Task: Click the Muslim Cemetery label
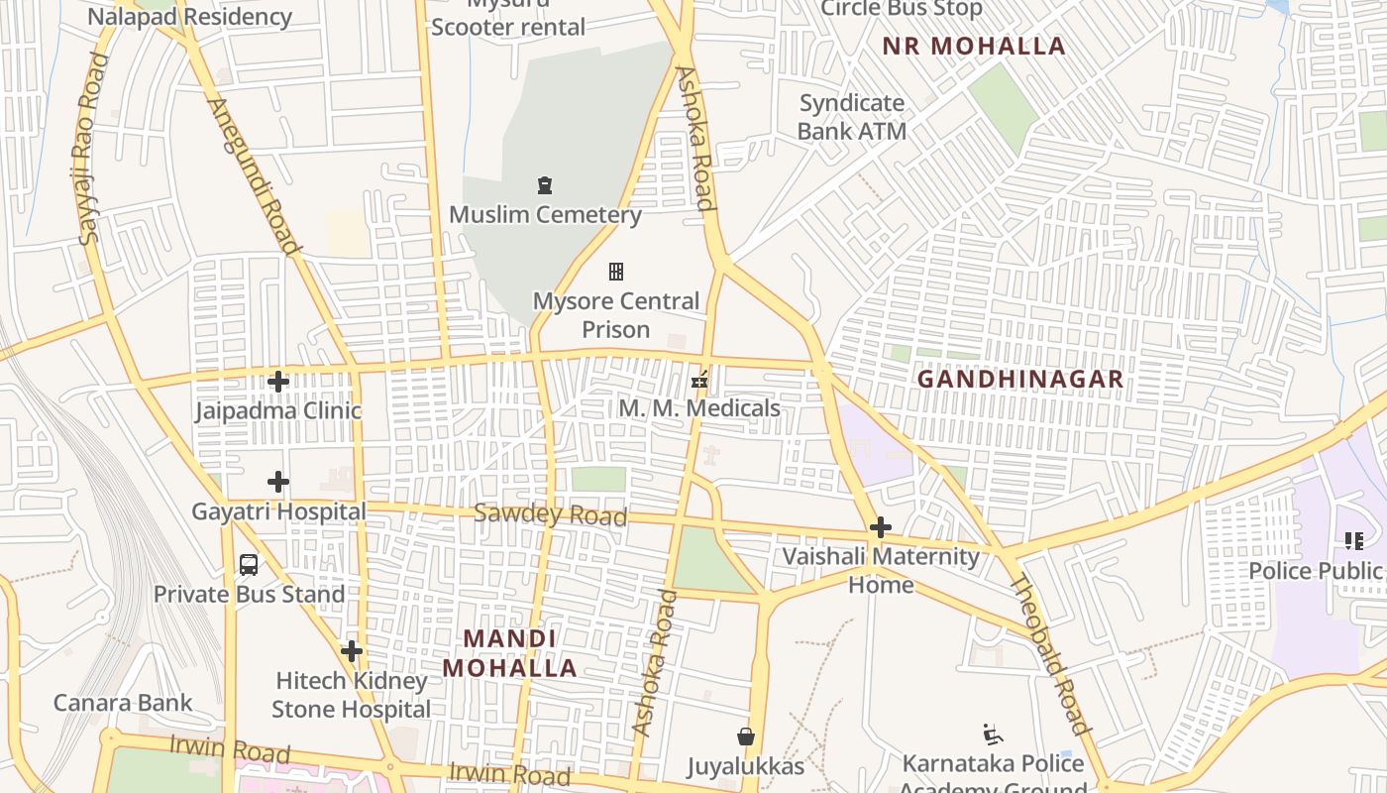[545, 214]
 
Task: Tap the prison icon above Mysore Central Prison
[616, 272]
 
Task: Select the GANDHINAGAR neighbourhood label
[1019, 379]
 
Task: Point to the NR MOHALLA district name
[974, 46]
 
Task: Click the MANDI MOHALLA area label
[509, 653]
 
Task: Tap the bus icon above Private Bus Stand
[249, 565]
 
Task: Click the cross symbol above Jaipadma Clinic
[278, 382]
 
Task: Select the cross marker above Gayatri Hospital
[278, 483]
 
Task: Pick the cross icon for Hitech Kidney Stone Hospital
[351, 652]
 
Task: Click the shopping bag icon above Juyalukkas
[746, 736]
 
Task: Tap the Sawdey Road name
[550, 514]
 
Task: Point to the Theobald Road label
[1049, 653]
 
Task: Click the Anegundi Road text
[254, 176]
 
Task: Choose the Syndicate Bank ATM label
[851, 117]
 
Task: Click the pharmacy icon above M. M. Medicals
[699, 379]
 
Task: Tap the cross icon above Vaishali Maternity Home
[880, 527]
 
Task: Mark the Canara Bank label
[123, 703]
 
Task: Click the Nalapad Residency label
[189, 17]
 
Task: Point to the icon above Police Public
[1353, 541]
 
